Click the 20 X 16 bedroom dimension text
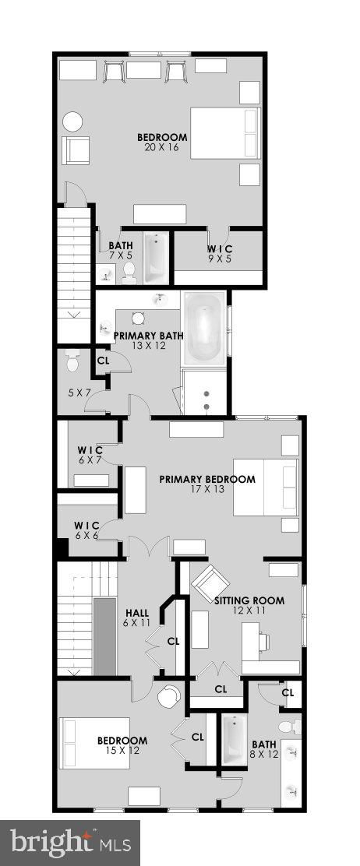point(161,147)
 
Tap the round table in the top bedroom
point(72,121)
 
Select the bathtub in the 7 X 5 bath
point(157,257)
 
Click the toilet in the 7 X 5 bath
point(129,273)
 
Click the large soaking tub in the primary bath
point(204,327)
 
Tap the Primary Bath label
point(139,335)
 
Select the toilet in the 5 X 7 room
point(73,360)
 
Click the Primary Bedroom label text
point(207,480)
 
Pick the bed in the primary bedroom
point(266,488)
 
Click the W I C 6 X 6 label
point(86,529)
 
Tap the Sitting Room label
point(249,600)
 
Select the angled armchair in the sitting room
point(210,582)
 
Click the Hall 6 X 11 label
point(136,618)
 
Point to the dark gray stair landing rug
point(104,635)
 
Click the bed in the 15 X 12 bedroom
point(94,743)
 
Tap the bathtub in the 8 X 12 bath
point(234,740)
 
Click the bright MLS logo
point(70,843)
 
